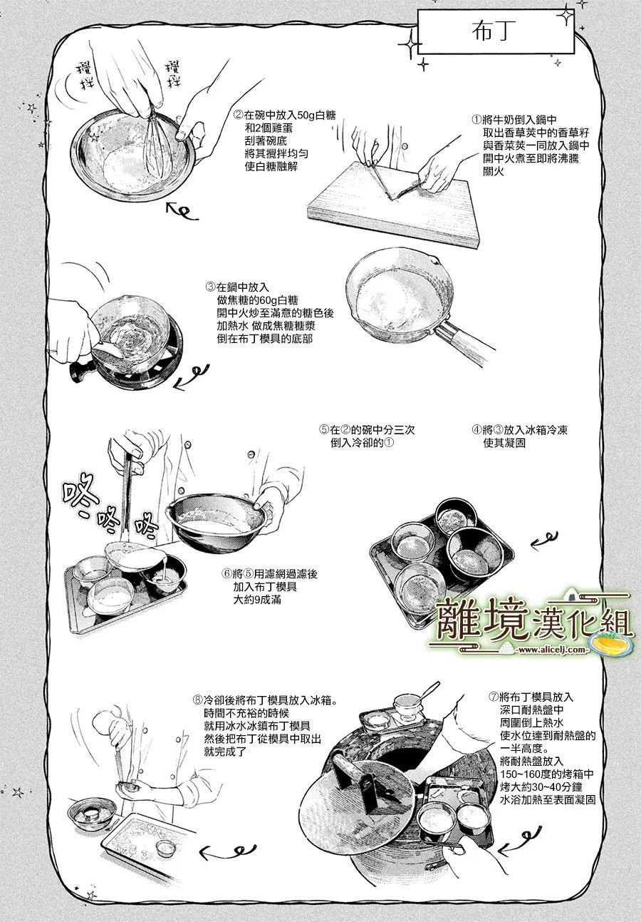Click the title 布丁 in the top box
click(491, 32)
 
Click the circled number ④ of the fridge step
click(476, 430)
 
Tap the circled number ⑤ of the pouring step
click(324, 430)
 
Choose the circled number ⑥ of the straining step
click(226, 574)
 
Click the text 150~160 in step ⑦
click(521, 774)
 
